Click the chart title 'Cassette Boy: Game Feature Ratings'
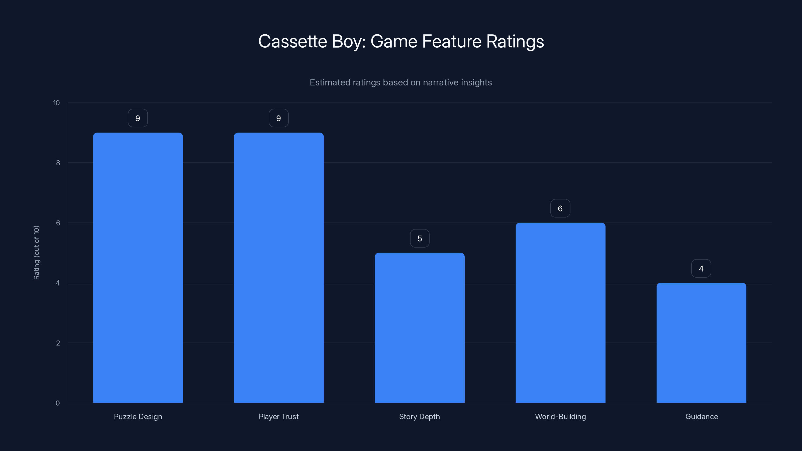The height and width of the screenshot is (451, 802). [x=401, y=41]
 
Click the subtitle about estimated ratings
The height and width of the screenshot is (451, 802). [x=401, y=82]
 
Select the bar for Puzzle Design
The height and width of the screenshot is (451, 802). [x=138, y=268]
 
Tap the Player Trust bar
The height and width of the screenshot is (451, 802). [x=279, y=268]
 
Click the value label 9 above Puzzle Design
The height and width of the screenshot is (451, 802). [x=138, y=118]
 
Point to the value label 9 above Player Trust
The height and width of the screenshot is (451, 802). [x=279, y=118]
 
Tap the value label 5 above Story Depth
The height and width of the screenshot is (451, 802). [x=420, y=239]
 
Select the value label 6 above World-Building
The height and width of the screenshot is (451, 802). [x=560, y=208]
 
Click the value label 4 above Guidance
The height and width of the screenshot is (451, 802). [x=701, y=269]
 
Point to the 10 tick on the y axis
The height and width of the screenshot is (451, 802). [x=56, y=103]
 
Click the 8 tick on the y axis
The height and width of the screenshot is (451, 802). [x=58, y=163]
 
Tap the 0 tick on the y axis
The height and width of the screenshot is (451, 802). [x=58, y=403]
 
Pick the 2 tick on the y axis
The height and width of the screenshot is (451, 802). [x=58, y=343]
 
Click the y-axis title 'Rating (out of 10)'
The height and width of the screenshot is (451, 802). [x=36, y=253]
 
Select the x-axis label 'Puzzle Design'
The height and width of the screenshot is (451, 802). [x=138, y=416]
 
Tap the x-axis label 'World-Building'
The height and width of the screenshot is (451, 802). [x=560, y=416]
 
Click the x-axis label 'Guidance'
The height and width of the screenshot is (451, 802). [x=701, y=416]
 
